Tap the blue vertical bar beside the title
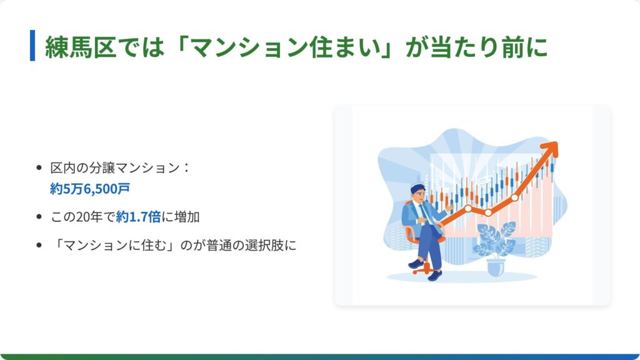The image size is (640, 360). tap(32, 45)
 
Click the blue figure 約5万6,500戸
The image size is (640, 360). tap(90, 189)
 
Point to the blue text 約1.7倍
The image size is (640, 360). tap(138, 217)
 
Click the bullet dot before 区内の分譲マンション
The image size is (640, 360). tap(39, 167)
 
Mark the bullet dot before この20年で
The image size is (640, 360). tap(39, 217)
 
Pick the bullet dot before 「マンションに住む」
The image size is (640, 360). tap(39, 245)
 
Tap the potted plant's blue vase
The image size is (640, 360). tap(496, 267)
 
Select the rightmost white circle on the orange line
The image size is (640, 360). tap(515, 197)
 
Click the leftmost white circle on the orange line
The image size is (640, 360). tap(468, 209)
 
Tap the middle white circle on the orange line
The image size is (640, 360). tap(488, 212)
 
